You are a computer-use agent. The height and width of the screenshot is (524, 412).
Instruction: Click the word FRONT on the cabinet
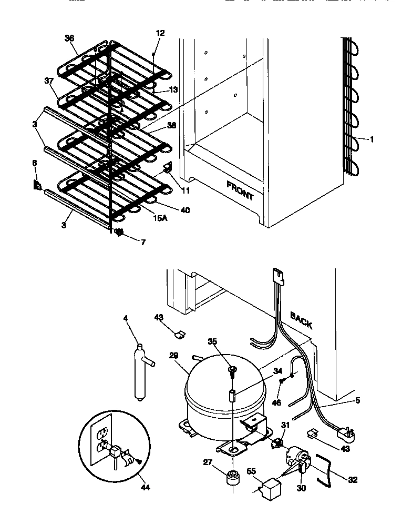pos(240,190)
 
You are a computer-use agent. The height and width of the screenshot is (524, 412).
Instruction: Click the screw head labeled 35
pos(232,372)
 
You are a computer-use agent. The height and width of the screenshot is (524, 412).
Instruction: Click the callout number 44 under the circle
pos(146,487)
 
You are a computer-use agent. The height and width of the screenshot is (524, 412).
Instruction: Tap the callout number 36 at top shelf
pos(69,38)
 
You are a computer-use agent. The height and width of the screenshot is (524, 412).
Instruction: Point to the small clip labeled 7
pos(119,233)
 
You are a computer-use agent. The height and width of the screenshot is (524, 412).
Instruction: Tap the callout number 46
pos(276,402)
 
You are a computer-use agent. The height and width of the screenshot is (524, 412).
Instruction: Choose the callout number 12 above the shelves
pos(160,33)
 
